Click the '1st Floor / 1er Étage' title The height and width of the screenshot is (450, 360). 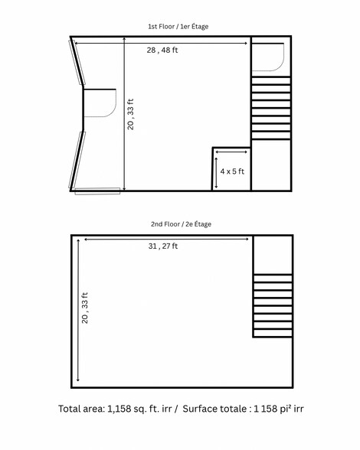point(178,26)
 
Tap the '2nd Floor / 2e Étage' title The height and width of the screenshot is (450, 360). point(181,224)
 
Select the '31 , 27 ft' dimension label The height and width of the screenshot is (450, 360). point(163,246)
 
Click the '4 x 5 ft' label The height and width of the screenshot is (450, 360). point(231,172)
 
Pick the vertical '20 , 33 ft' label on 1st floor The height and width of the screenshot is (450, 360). point(131,114)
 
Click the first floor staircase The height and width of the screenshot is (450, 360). point(271,107)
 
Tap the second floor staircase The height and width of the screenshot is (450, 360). point(273,306)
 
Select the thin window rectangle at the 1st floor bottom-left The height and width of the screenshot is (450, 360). point(97,191)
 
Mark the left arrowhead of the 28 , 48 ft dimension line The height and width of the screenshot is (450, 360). point(77,43)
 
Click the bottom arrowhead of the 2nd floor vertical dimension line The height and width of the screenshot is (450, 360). point(78,381)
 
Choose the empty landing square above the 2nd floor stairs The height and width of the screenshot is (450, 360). point(273,255)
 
